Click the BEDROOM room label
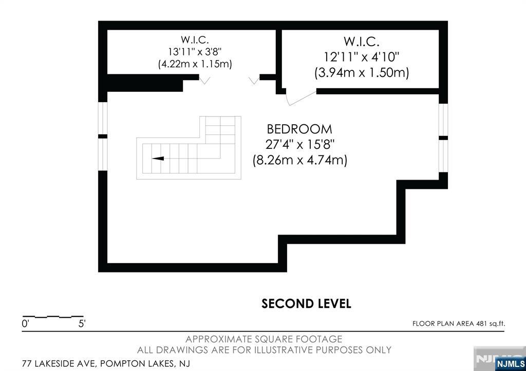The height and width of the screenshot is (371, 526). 299,129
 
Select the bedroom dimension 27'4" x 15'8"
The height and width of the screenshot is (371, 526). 300,144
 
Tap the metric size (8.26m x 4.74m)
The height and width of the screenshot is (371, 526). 300,160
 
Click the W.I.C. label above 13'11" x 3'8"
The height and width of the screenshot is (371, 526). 195,40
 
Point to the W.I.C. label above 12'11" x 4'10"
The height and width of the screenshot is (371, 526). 362,42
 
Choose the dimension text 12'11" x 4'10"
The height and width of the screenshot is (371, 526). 362,57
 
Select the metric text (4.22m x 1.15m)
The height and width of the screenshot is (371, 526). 195,64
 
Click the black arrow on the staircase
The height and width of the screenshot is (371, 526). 158,159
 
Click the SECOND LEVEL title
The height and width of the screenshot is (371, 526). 306,304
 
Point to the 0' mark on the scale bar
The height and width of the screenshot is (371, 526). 26,324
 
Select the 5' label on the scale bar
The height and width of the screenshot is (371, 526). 82,324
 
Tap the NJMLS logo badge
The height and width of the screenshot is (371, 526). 510,364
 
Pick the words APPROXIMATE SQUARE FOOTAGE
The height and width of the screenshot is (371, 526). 264,339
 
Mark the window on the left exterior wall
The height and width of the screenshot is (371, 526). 103,136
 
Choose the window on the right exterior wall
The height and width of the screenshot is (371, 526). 443,138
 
